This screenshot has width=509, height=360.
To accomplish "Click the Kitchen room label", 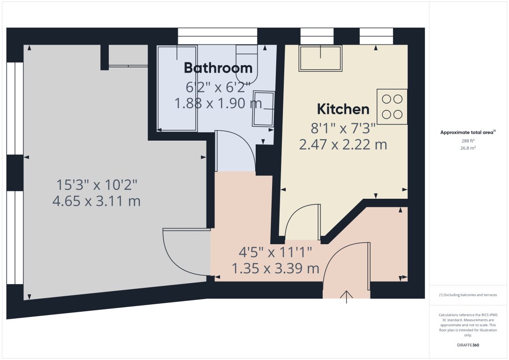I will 343,109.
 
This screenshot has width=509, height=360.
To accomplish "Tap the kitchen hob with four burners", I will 392,106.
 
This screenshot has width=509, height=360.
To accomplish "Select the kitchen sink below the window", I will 320,58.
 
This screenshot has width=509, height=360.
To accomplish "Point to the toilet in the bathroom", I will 246,66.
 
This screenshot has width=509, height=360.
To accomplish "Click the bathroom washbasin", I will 263,108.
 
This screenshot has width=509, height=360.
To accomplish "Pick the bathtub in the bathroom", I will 177,88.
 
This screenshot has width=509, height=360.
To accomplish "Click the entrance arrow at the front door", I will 347,296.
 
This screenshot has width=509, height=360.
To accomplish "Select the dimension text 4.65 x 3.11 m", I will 97,202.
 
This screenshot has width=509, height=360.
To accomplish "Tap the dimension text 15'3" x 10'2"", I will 97,184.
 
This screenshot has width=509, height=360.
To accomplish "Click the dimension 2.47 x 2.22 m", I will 343,144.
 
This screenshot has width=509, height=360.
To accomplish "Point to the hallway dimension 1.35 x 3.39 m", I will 275,269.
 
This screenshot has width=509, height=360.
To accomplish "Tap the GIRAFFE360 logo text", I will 468,345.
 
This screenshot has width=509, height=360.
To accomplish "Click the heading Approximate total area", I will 467,133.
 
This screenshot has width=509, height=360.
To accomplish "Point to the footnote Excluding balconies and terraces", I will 468,295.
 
